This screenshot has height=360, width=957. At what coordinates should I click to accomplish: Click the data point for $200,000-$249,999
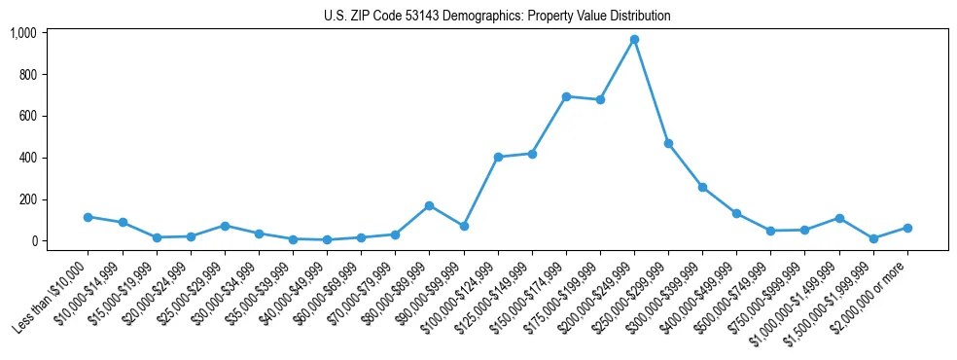634,39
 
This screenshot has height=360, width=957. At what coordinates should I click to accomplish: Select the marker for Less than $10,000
88,217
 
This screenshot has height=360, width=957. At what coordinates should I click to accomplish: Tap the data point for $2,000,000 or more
907,228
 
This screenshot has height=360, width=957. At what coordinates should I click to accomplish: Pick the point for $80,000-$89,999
429,205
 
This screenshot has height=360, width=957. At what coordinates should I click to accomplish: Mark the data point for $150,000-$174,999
566,96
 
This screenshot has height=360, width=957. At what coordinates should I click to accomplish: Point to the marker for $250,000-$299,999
668,143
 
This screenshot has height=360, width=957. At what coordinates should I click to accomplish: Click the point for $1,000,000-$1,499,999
838,218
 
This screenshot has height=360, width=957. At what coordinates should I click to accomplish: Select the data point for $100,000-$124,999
498,157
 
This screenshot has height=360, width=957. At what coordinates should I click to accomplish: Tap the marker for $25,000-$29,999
225,226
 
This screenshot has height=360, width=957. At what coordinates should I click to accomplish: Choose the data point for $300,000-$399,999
702,187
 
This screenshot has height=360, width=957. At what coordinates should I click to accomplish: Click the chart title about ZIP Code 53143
497,17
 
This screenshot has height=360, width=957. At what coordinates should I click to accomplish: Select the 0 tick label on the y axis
33,241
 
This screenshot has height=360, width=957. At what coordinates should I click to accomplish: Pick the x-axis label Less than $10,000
52,292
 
